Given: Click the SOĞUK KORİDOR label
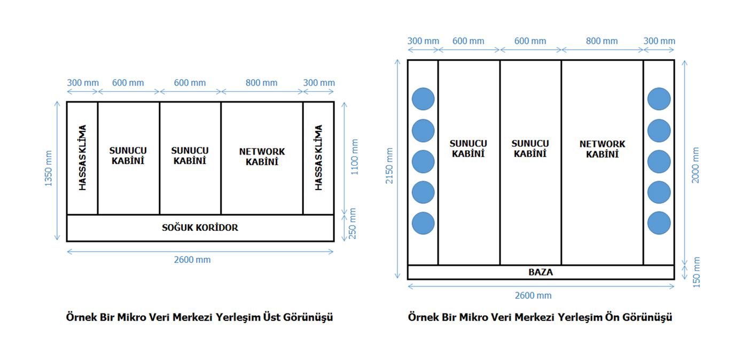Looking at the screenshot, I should pyautogui.click(x=200, y=228).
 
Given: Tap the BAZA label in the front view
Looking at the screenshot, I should pyautogui.click(x=541, y=272).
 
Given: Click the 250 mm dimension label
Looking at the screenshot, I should pyautogui.click(x=353, y=223).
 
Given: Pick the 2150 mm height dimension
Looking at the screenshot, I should pyautogui.click(x=389, y=166).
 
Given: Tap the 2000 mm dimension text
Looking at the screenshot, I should pyautogui.click(x=696, y=165).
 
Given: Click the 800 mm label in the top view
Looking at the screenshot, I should pyautogui.click(x=262, y=83).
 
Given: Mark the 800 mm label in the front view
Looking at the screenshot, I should pyautogui.click(x=601, y=41).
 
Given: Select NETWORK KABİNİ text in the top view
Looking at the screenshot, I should pyautogui.click(x=262, y=156).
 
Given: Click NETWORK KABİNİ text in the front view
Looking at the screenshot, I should pyautogui.click(x=602, y=149).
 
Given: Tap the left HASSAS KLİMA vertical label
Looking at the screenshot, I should pyautogui.click(x=83, y=158).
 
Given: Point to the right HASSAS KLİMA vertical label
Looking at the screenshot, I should pyautogui.click(x=318, y=158).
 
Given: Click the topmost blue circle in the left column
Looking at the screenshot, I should pyautogui.click(x=423, y=99).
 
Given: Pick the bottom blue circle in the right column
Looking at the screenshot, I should pyautogui.click(x=659, y=223).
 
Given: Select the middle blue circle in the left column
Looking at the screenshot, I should pyautogui.click(x=423, y=161).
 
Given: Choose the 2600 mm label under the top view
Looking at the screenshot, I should pyautogui.click(x=192, y=260).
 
